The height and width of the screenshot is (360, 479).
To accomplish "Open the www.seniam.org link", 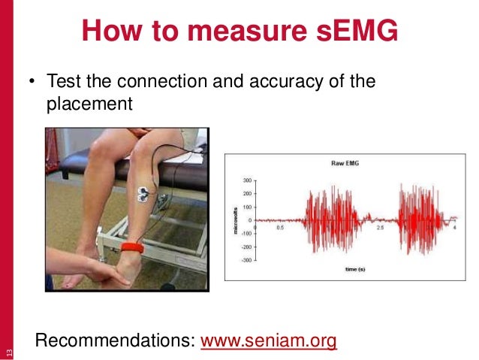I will pos(269,340).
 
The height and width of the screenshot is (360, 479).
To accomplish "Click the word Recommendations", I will pos(116,340).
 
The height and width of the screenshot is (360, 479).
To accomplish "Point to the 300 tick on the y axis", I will pos(247,181).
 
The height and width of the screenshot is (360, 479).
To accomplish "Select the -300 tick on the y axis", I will pos(246,259).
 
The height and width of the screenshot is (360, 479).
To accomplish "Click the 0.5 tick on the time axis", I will pos(280,226).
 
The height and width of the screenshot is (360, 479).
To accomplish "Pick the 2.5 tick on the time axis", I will pos(381,226).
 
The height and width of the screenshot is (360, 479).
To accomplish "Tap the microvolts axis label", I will pos(234,220).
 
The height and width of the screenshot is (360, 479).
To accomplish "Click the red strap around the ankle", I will pos(133,247).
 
